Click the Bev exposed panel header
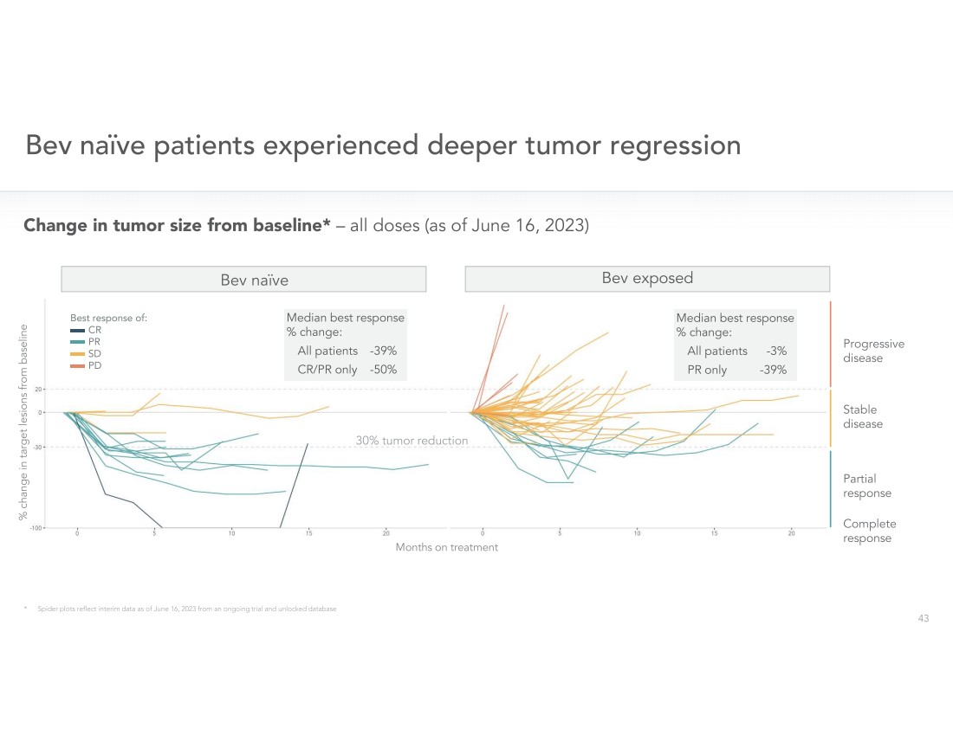point(647,279)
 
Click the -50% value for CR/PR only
point(383,370)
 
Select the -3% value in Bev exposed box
point(776,351)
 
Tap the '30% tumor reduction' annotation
point(412,441)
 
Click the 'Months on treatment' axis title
point(446,547)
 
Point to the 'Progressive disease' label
point(873,351)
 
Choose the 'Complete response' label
point(869,531)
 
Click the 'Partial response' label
point(866,486)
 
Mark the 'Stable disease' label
point(862,416)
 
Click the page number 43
point(923,618)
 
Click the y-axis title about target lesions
point(23,422)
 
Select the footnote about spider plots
point(186,609)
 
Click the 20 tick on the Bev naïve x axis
point(386,532)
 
